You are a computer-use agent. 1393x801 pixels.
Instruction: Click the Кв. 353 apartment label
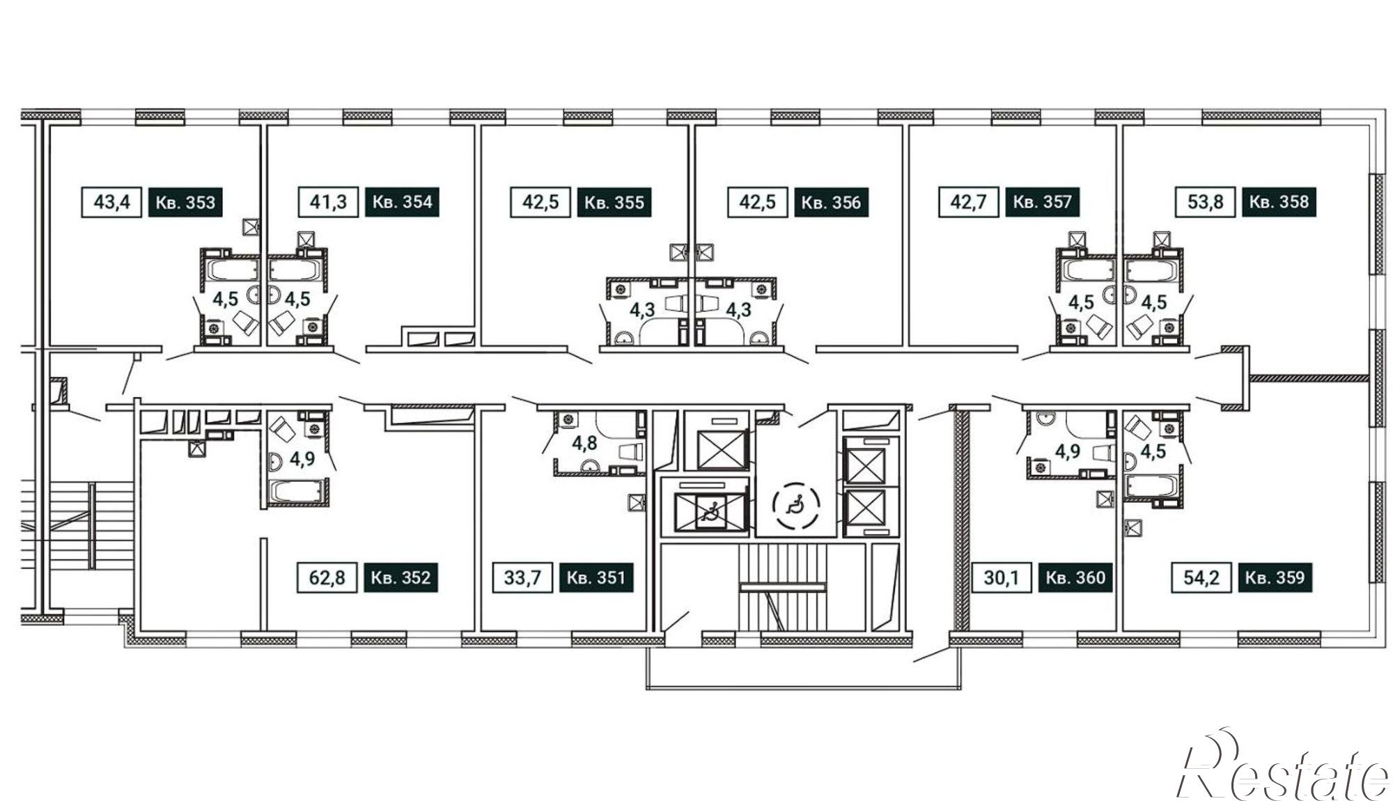tap(185, 203)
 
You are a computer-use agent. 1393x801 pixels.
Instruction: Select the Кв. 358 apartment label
tap(1279, 202)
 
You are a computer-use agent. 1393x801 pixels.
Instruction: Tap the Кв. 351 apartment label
tap(596, 577)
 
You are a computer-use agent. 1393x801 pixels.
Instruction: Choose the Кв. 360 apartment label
tap(1075, 577)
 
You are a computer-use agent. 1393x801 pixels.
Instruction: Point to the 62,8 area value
tap(327, 577)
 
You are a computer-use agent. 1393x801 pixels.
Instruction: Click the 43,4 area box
tap(111, 203)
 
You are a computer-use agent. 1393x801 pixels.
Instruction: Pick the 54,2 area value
tap(1201, 577)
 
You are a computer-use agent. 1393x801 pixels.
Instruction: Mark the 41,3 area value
tap(328, 202)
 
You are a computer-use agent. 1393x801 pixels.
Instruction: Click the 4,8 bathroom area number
tap(584, 443)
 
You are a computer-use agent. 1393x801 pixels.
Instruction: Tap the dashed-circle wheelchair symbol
tap(796, 503)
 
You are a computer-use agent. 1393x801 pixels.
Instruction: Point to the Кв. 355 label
tap(614, 203)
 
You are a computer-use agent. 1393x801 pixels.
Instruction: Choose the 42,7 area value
tap(969, 202)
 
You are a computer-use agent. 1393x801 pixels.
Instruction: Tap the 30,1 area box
tap(1002, 577)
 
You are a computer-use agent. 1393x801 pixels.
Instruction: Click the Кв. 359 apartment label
tap(1275, 577)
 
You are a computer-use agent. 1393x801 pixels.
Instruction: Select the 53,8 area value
tap(1206, 202)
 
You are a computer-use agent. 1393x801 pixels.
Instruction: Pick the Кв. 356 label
tap(832, 203)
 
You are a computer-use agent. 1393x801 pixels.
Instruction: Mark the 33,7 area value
tap(522, 577)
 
